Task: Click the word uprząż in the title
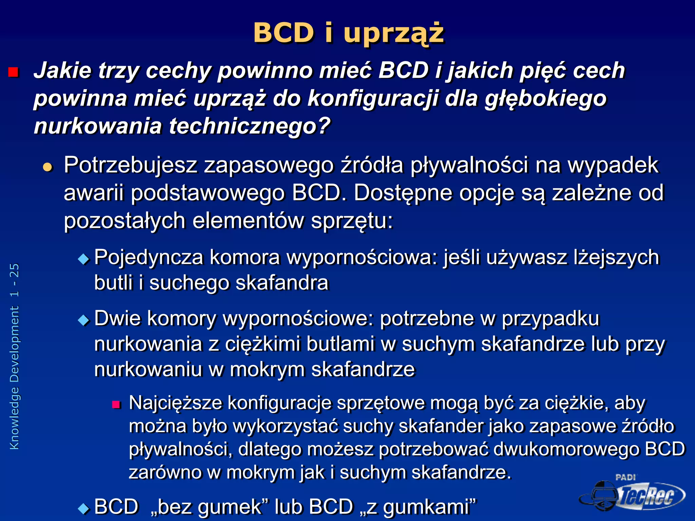(x=394, y=33)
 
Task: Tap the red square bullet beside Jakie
(x=13, y=72)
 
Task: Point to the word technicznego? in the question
(x=250, y=126)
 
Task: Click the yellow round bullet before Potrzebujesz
(x=48, y=167)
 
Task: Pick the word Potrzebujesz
(x=131, y=166)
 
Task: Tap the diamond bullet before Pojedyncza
(x=83, y=259)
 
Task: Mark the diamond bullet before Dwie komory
(x=83, y=320)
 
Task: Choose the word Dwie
(x=117, y=319)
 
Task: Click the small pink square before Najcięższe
(x=116, y=404)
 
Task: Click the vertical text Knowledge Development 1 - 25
(x=15, y=356)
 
